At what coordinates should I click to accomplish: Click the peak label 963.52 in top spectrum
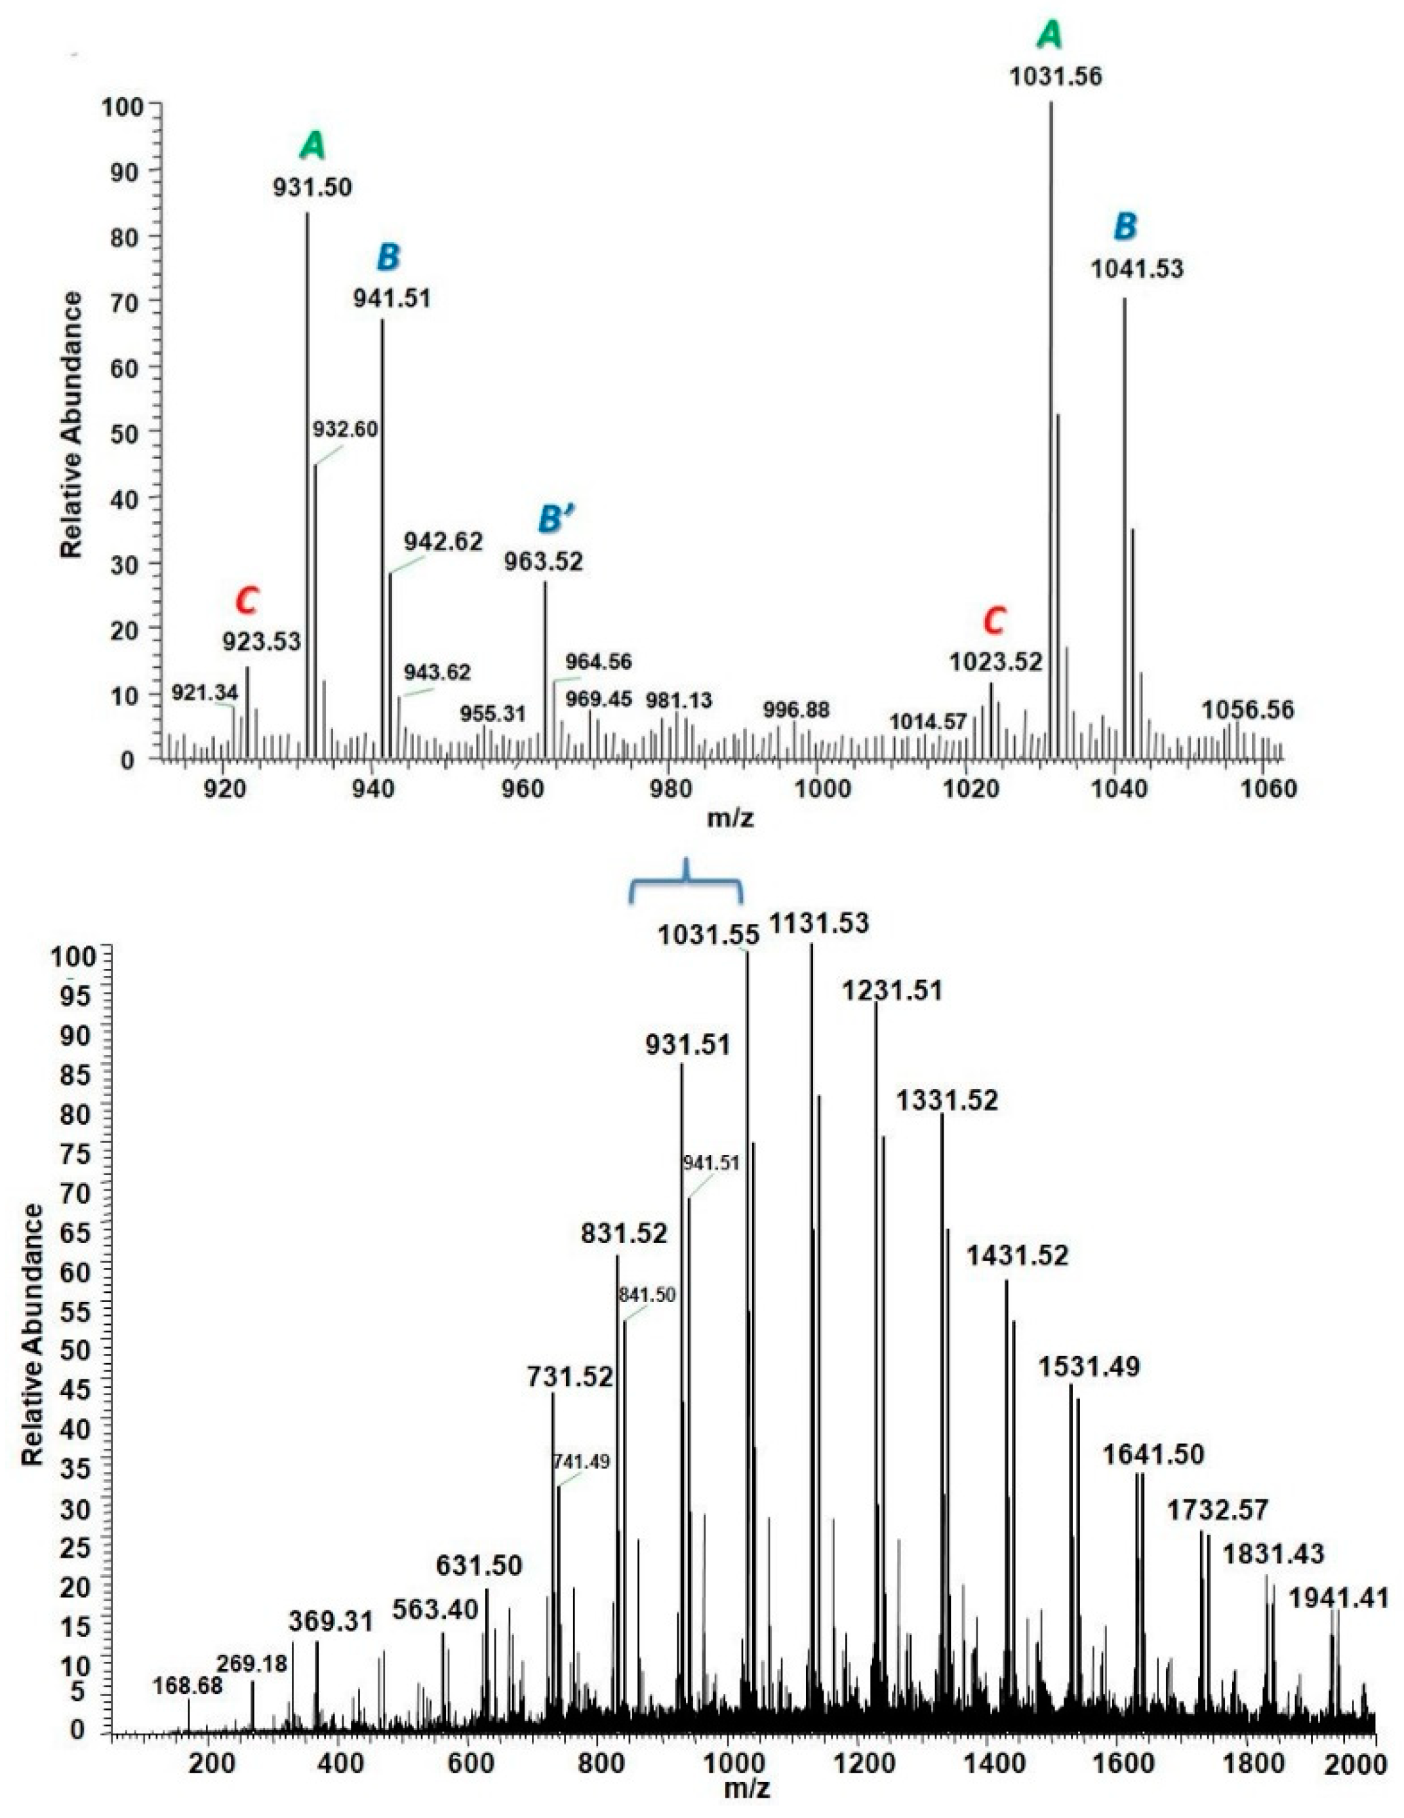[x=544, y=561]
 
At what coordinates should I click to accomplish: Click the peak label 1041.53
[x=1136, y=269]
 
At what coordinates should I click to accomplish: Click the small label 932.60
[x=346, y=429]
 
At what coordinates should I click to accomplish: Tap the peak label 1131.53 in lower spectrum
[x=818, y=923]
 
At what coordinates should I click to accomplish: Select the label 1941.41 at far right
[x=1338, y=1598]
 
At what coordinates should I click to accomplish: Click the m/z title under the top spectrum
[x=731, y=818]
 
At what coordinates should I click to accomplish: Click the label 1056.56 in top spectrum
[x=1247, y=710]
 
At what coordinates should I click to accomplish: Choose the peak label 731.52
[x=570, y=1376]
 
